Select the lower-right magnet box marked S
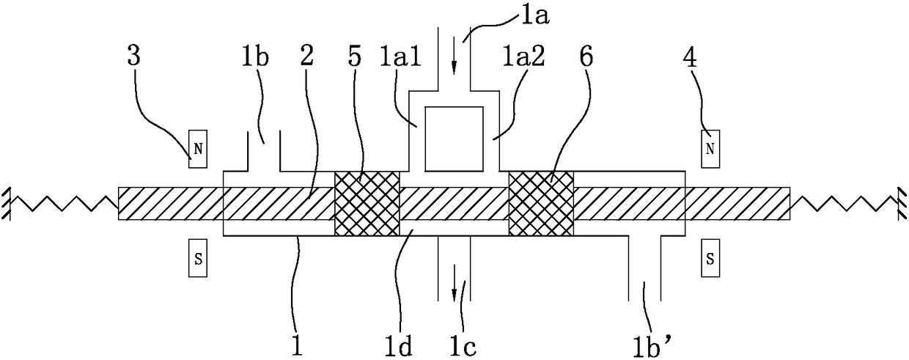click(710, 260)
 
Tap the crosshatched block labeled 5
click(367, 204)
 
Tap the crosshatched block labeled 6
click(541, 204)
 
